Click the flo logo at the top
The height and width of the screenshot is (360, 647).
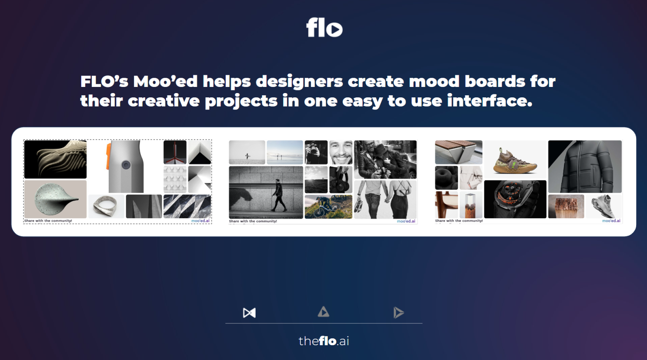click(x=324, y=27)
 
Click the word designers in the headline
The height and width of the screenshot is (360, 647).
click(x=299, y=81)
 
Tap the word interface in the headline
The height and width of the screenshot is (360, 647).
click(x=489, y=101)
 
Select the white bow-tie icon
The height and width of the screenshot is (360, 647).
click(x=249, y=313)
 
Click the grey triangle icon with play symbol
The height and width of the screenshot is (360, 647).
click(x=323, y=312)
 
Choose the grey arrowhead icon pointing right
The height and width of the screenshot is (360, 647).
click(x=398, y=313)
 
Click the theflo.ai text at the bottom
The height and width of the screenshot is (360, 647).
click(x=323, y=341)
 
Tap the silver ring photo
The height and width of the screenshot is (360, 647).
click(x=106, y=206)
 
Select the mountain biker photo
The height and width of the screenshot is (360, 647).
click(x=328, y=207)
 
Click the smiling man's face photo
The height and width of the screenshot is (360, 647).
click(x=340, y=152)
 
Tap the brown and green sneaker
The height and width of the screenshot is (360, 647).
click(x=515, y=161)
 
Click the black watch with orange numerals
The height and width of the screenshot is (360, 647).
click(x=515, y=199)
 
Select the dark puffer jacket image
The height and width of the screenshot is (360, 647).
click(x=585, y=166)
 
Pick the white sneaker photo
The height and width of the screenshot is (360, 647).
click(x=604, y=207)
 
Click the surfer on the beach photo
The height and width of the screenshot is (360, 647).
click(x=247, y=152)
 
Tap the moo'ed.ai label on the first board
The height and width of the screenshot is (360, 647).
click(x=200, y=221)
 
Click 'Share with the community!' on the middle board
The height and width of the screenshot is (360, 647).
click(x=253, y=221)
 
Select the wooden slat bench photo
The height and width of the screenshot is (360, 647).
click(x=458, y=152)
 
